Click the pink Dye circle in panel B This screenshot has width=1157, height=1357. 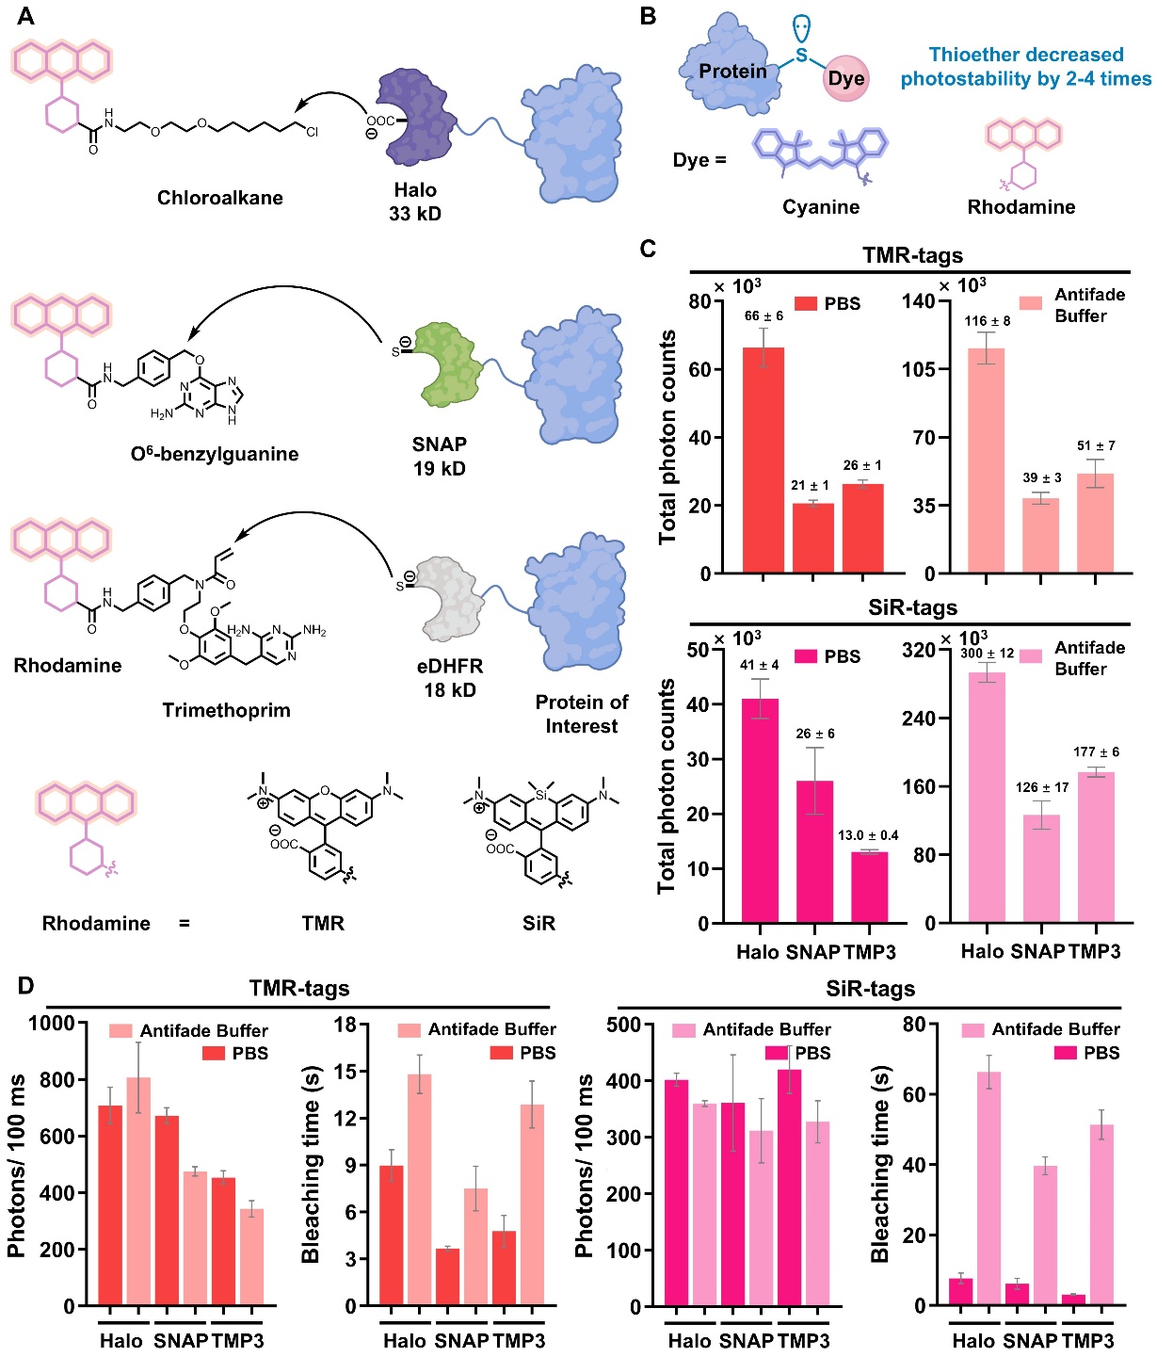(x=845, y=78)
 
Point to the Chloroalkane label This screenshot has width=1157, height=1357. (x=219, y=198)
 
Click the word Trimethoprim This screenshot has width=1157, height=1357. (x=226, y=710)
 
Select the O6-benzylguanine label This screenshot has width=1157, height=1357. (x=215, y=454)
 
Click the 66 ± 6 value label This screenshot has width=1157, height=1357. (x=763, y=315)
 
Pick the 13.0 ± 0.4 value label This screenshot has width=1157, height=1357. (x=868, y=835)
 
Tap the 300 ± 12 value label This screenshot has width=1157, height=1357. (x=988, y=653)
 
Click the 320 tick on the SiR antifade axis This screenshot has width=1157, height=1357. (x=919, y=650)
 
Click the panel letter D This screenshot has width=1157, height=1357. (x=25, y=986)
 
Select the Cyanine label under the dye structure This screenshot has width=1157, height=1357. (x=821, y=207)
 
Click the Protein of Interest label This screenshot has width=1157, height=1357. (x=582, y=714)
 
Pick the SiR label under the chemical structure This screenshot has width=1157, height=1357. (x=538, y=924)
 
